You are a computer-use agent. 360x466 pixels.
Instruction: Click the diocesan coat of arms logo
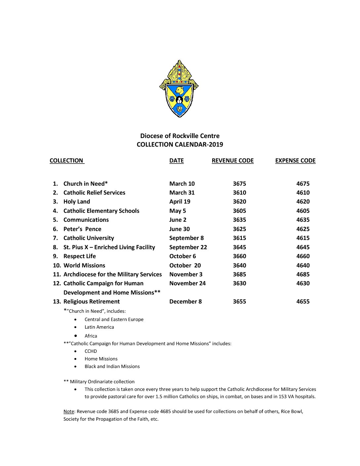(x=179, y=89)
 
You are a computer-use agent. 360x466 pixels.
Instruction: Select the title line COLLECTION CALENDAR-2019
(x=180, y=144)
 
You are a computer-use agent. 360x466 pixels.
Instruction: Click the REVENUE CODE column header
(x=233, y=161)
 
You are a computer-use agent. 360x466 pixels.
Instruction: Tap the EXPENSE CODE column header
(x=295, y=161)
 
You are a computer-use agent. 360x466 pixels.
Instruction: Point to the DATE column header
(x=176, y=161)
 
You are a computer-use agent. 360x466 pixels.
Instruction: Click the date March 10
(x=182, y=184)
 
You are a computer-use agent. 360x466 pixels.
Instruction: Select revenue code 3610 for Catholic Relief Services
(x=239, y=193)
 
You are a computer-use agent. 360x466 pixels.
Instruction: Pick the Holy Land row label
(x=76, y=202)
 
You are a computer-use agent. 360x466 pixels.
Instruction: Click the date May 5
(x=178, y=211)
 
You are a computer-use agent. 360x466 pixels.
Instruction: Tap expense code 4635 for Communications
(x=303, y=220)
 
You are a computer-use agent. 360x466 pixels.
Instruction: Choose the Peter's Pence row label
(x=82, y=229)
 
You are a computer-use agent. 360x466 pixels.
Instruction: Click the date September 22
(x=188, y=247)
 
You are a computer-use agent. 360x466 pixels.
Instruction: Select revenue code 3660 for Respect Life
(x=239, y=256)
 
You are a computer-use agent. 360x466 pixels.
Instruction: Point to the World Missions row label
(x=84, y=265)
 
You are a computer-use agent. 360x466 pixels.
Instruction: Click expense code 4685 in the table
(x=303, y=274)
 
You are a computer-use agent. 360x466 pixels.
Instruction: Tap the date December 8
(x=185, y=302)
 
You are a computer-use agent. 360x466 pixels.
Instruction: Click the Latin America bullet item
(x=99, y=327)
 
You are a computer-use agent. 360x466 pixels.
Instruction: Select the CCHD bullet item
(x=91, y=351)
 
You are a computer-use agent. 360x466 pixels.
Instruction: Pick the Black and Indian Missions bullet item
(x=112, y=366)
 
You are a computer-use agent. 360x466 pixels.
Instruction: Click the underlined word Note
(x=68, y=411)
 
